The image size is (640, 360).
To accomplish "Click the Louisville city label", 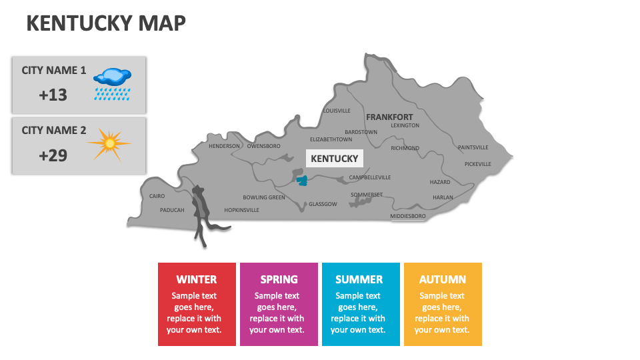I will click(337, 111).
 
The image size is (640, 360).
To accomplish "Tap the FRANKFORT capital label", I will click(389, 117).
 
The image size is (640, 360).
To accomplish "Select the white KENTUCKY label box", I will click(335, 159).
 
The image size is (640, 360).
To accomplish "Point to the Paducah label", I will click(172, 210).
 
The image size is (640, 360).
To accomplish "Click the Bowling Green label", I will click(264, 197).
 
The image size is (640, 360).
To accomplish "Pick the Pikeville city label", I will click(478, 163).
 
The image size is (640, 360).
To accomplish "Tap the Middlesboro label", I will click(408, 216).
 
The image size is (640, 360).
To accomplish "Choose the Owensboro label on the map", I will click(264, 146).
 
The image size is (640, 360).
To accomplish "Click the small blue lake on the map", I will click(302, 179).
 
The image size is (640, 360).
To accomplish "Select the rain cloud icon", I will click(111, 83).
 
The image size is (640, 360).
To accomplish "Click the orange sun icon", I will click(109, 143).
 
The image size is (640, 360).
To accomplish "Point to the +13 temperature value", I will click(53, 95).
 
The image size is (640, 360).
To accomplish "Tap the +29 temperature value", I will click(53, 155).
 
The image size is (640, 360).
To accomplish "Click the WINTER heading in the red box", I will click(197, 279).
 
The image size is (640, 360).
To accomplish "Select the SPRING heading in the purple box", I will click(279, 279).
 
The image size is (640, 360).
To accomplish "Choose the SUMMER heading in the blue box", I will click(359, 279).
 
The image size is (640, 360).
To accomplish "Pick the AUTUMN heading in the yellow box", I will click(443, 279).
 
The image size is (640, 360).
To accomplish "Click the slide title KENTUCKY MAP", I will click(106, 23).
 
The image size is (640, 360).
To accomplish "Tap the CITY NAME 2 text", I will click(54, 130).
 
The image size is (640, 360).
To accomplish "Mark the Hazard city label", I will click(440, 182).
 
